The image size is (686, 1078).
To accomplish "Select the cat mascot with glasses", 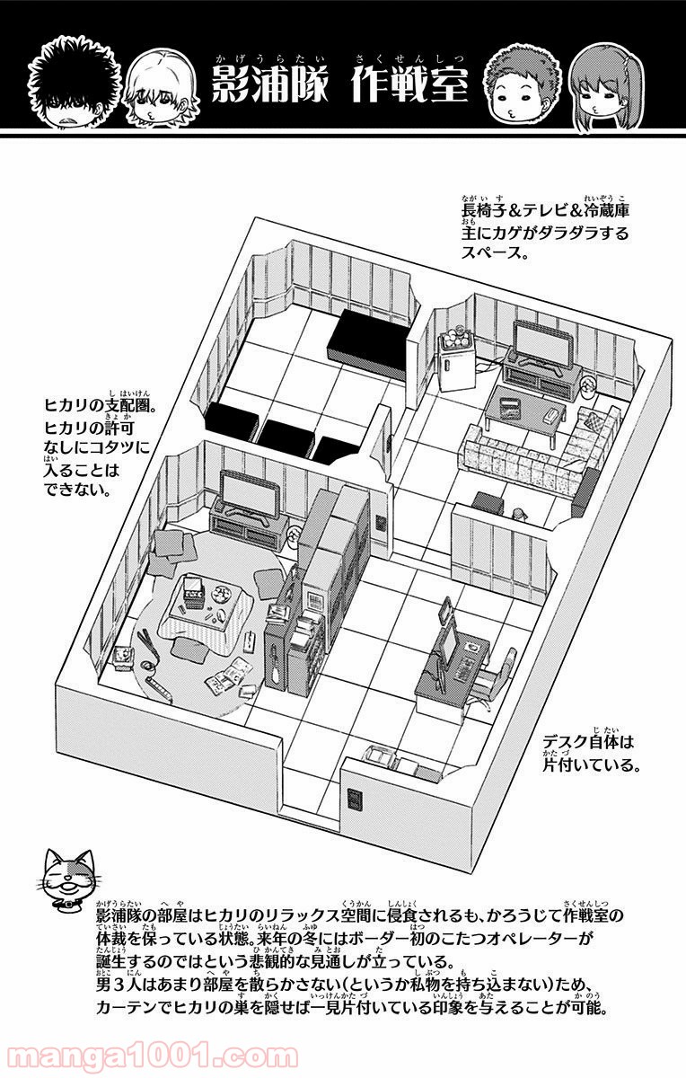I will tap(65, 874).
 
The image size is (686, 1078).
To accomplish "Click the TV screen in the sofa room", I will tap(541, 342).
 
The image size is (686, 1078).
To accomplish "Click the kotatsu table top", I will tap(199, 596).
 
